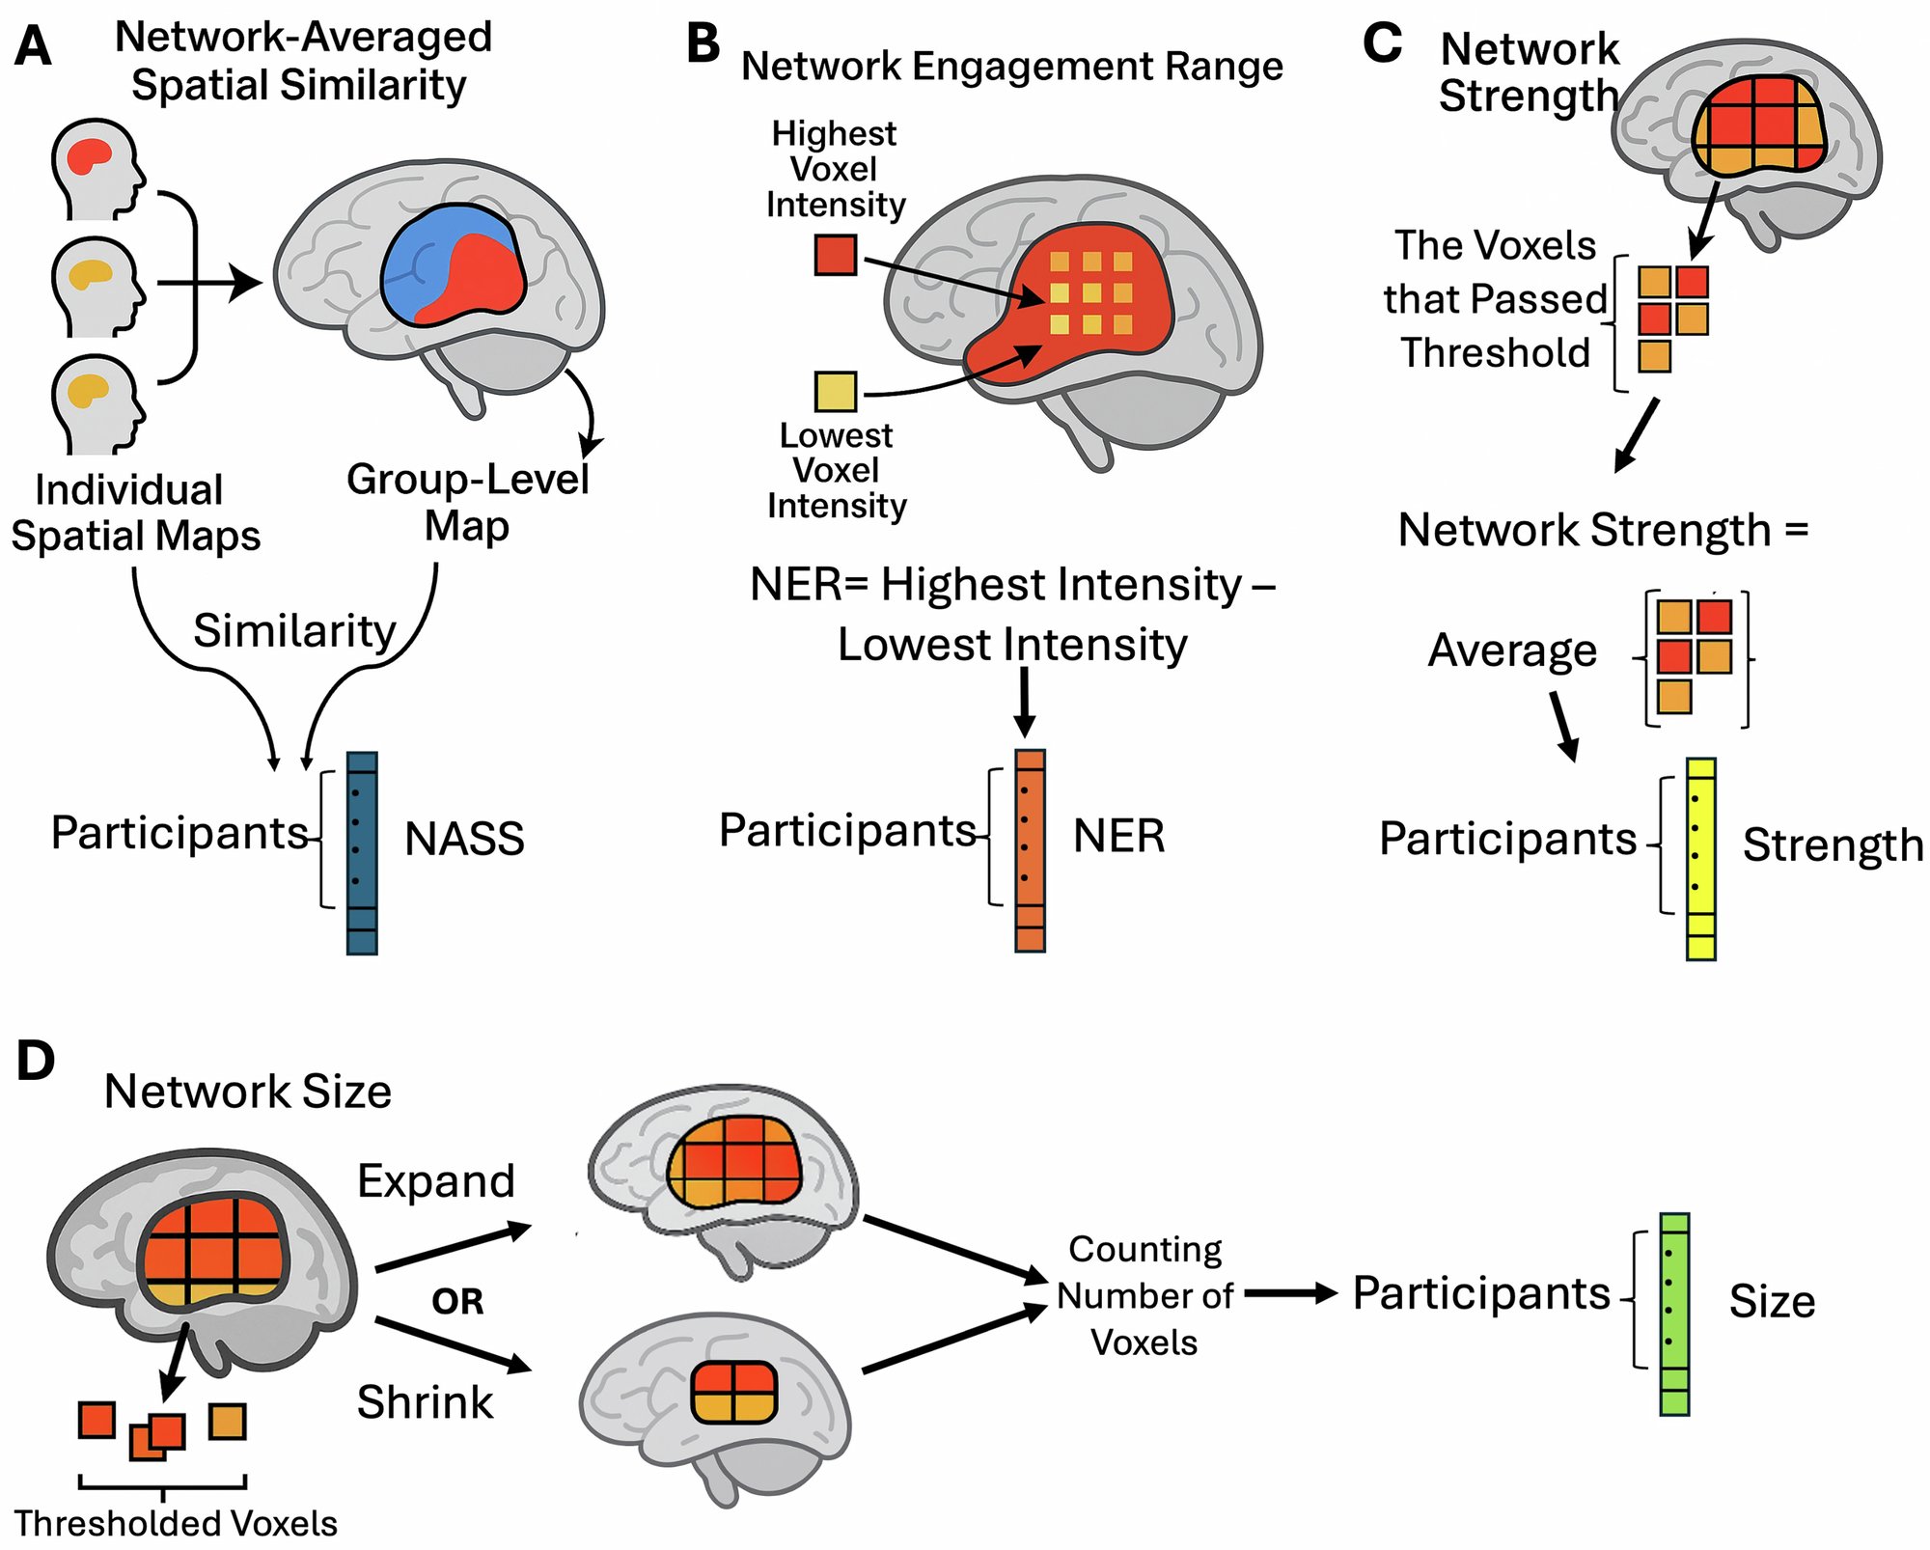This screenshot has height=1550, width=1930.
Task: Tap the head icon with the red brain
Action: click(x=96, y=168)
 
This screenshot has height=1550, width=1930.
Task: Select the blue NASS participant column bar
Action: click(x=362, y=853)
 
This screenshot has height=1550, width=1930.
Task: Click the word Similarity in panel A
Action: click(x=294, y=630)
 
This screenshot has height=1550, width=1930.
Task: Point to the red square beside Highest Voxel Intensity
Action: click(x=836, y=256)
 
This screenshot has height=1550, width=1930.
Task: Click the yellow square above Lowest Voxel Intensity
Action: click(x=836, y=392)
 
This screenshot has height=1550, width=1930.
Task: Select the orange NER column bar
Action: click(x=1030, y=850)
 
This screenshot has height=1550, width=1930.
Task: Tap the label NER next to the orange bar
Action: click(x=1118, y=836)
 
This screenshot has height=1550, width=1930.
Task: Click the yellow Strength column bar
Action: click(x=1700, y=858)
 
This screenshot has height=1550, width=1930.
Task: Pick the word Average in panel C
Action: click(x=1512, y=650)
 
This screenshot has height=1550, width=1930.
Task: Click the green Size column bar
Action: click(x=1674, y=1314)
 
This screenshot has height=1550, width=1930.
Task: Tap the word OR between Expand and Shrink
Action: click(x=457, y=1302)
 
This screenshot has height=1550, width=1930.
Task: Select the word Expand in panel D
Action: click(x=436, y=1180)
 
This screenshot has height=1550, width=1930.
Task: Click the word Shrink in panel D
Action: click(x=425, y=1401)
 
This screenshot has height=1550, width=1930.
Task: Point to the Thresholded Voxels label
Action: click(x=176, y=1523)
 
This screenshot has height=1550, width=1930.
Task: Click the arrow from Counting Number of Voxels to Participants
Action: click(x=1290, y=1293)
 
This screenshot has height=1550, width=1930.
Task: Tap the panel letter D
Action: click(x=36, y=1061)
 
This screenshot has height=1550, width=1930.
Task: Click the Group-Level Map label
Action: click(x=467, y=502)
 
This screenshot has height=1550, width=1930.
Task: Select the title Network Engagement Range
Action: click(x=1011, y=66)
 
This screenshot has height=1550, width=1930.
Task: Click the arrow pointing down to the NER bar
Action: click(x=1025, y=702)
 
